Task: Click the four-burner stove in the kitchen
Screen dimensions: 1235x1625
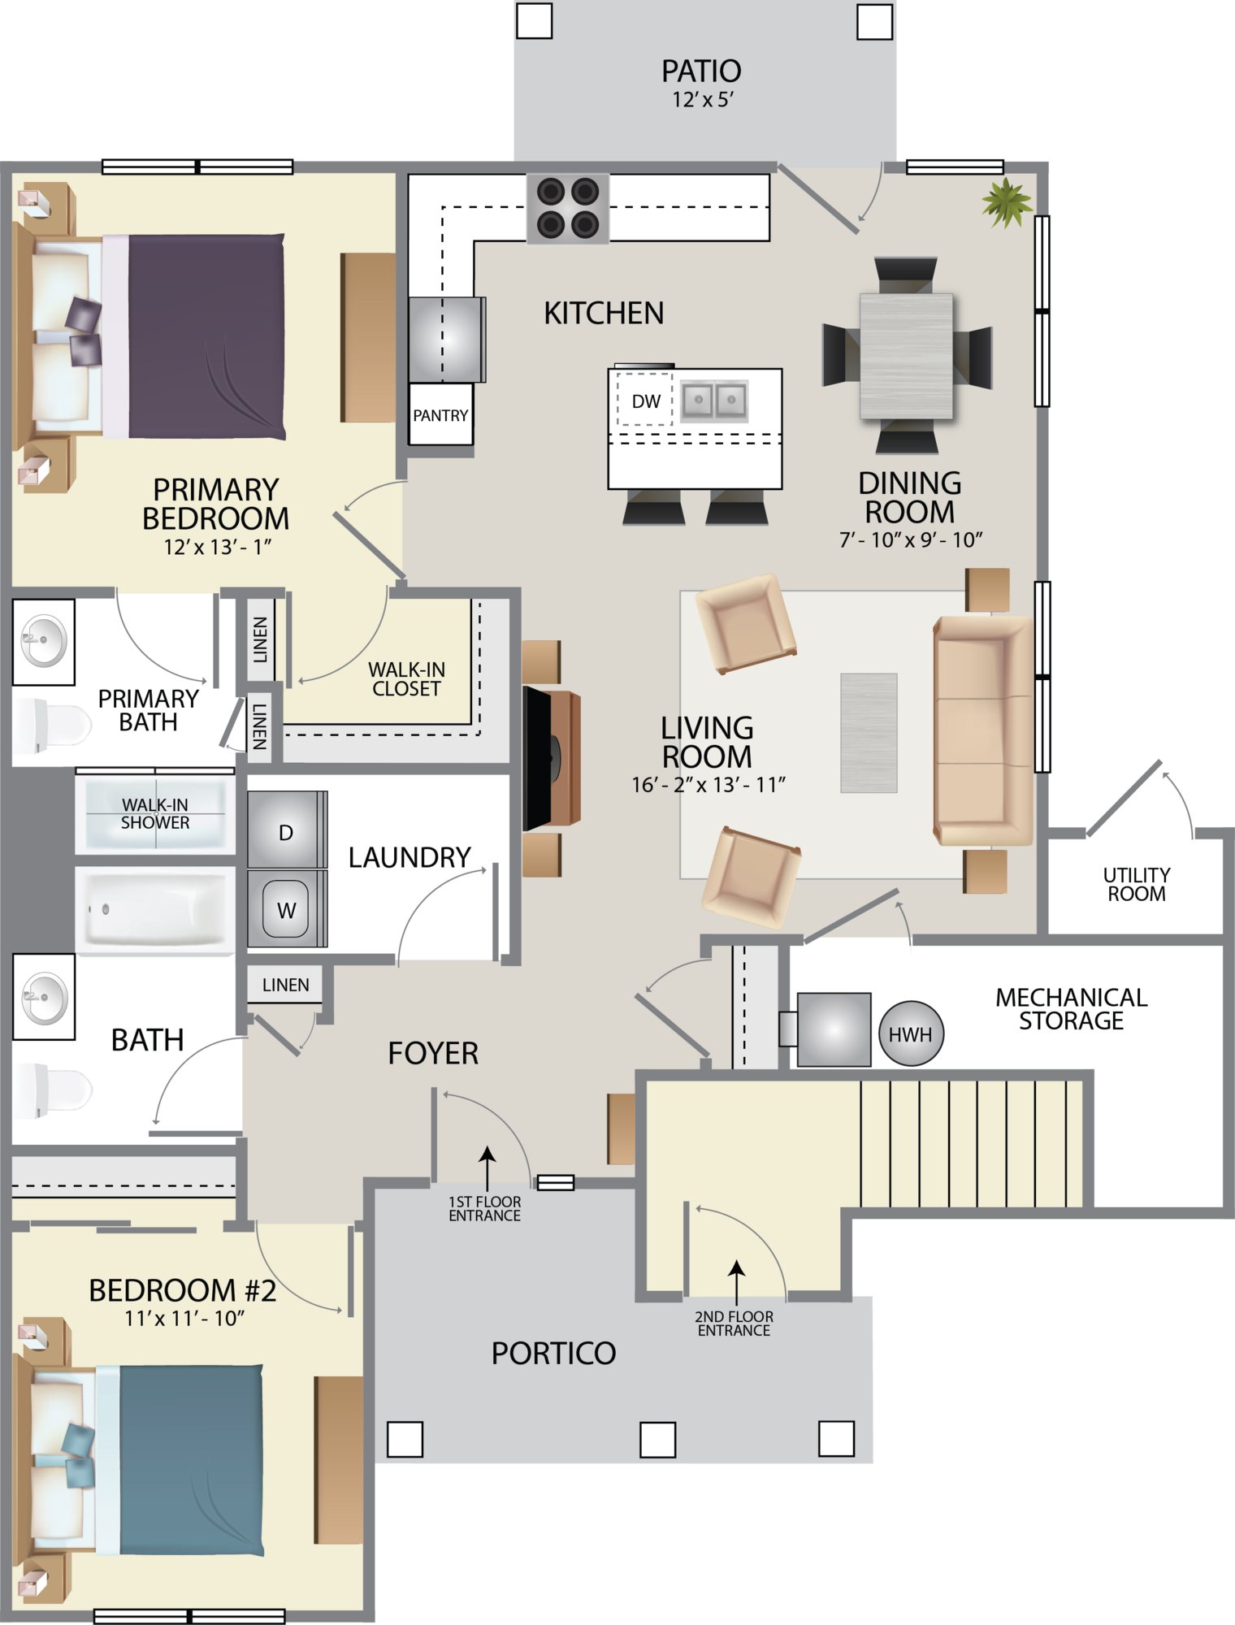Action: coord(568,209)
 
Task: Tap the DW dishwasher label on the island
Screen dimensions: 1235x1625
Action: coord(646,401)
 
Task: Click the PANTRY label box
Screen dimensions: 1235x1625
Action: coord(440,415)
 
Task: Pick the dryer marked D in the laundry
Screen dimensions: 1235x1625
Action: coord(285,830)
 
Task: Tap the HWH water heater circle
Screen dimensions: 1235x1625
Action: coord(911,1033)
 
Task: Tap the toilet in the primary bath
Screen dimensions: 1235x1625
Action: coord(52,725)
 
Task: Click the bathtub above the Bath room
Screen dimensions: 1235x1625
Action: coord(155,909)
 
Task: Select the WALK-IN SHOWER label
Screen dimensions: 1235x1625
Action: coord(155,813)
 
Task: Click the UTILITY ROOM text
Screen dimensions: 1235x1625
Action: coord(1136,884)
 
